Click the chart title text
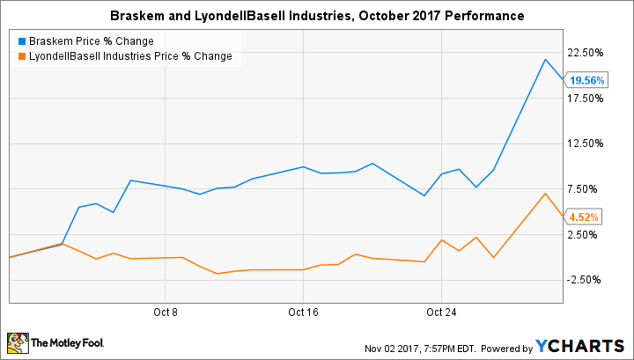[317, 16]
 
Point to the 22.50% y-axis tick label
[586, 53]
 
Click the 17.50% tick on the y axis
[586, 98]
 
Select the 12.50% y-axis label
[586, 143]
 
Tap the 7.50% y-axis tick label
[588, 189]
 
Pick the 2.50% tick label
[588, 234]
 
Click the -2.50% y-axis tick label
[586, 280]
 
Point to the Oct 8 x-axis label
[165, 312]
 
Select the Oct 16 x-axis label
[302, 312]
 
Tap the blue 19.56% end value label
[586, 80]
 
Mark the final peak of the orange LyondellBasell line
[546, 194]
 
